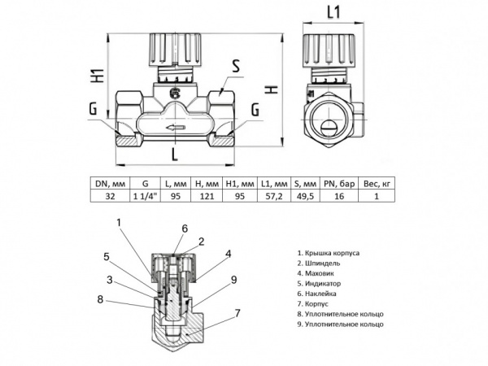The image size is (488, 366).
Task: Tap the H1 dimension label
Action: (96, 79)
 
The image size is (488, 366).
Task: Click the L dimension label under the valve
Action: (175, 152)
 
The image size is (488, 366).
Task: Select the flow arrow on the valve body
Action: (174, 127)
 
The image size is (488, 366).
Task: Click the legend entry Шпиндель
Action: (322, 264)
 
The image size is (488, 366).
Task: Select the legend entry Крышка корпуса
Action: (329, 253)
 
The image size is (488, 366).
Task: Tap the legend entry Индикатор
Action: (321, 283)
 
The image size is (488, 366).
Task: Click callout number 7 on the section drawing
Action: (237, 312)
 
